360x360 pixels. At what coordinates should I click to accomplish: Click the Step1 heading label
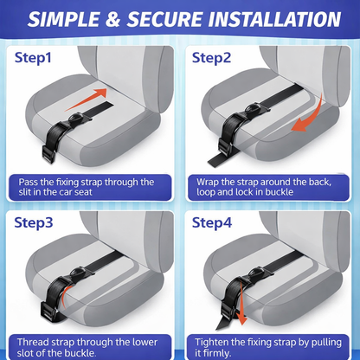click(33, 58)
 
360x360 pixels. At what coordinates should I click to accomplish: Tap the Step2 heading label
click(211, 58)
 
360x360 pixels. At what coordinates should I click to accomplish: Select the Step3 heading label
click(34, 222)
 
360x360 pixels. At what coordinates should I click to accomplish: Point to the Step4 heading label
click(212, 222)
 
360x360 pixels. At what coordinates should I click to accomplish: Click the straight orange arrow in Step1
click(86, 100)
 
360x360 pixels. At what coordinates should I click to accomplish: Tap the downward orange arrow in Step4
click(241, 306)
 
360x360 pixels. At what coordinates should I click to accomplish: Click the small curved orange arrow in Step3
click(66, 295)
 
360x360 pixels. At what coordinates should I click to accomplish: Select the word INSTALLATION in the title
click(274, 20)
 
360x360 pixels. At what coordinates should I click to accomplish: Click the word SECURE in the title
click(164, 20)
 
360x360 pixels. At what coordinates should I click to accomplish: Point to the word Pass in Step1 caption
click(28, 183)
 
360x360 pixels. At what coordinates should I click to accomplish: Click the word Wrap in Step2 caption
click(208, 183)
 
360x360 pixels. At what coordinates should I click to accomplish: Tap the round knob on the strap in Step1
click(75, 118)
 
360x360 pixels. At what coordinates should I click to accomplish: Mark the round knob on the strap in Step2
click(252, 109)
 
